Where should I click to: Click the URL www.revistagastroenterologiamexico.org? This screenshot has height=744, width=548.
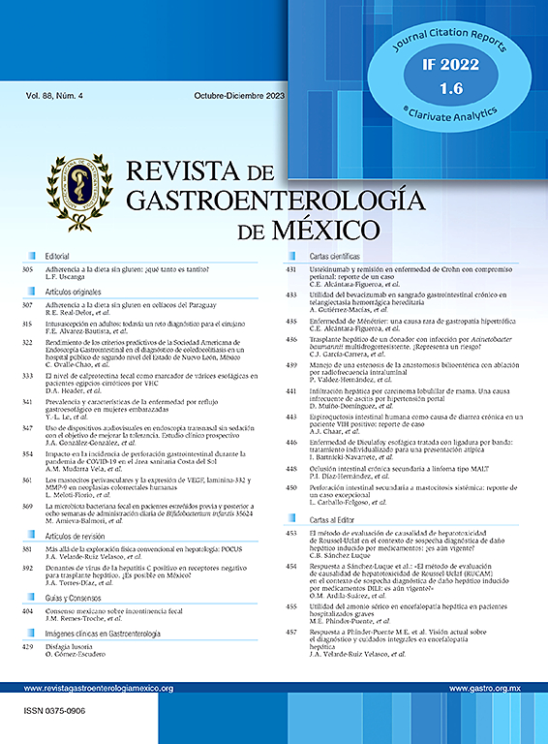(x=98, y=688)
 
